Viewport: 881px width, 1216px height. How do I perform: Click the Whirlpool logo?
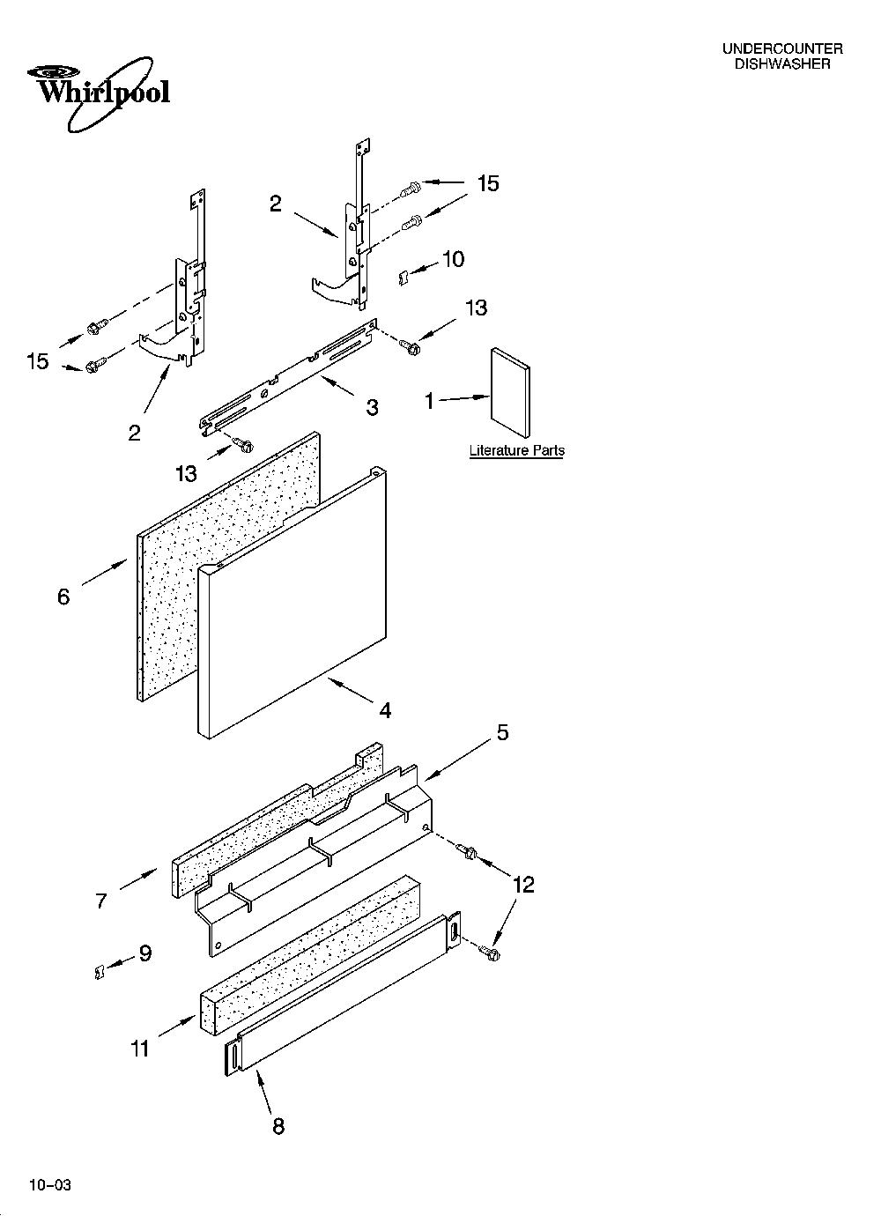(x=99, y=94)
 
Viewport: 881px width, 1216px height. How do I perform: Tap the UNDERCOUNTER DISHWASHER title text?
(x=782, y=56)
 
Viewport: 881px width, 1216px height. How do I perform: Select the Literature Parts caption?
(x=517, y=450)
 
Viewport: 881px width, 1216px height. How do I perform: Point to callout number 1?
(x=430, y=402)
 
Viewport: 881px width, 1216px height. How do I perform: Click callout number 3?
(x=372, y=407)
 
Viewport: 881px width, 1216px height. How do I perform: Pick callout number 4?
(x=385, y=710)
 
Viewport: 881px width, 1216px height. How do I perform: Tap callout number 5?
(x=503, y=733)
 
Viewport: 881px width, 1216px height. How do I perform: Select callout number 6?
(x=63, y=597)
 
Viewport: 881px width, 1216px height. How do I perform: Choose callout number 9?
(x=145, y=953)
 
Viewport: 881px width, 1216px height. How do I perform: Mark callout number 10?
(x=453, y=259)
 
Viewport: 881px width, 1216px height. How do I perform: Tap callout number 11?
(x=140, y=1049)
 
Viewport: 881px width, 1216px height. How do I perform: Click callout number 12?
(x=523, y=886)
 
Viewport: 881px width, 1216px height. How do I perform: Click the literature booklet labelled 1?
(x=510, y=393)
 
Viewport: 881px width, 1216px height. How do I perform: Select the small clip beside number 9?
(x=99, y=972)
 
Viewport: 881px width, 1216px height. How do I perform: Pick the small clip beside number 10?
(x=403, y=278)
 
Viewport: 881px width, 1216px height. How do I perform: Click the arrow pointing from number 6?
(x=106, y=574)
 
